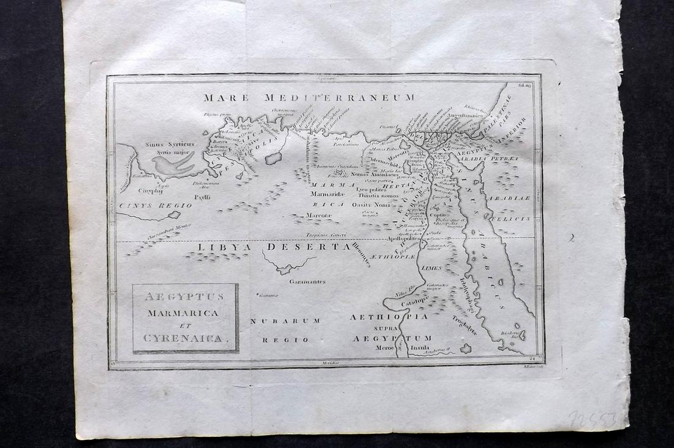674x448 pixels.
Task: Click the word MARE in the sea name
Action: click(225, 97)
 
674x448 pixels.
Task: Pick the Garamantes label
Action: click(308, 282)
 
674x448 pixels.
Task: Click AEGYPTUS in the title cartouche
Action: click(185, 297)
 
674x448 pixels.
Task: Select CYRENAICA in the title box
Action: click(185, 338)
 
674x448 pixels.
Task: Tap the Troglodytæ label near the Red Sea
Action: click(464, 325)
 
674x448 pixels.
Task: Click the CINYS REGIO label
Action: click(156, 206)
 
